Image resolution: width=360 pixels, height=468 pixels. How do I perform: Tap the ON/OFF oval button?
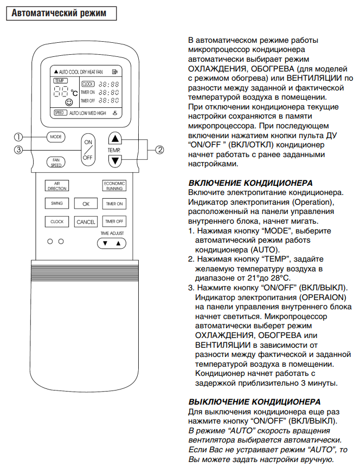pos(88,150)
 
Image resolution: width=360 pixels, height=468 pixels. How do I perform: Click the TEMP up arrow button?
pos(115,139)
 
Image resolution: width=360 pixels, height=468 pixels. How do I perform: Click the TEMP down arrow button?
pos(115,161)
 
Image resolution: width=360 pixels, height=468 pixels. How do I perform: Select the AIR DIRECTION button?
pos(57,186)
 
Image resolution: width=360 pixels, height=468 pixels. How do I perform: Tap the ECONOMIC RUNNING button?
pos(114,186)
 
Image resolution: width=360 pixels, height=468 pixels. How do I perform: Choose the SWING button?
pos(57,203)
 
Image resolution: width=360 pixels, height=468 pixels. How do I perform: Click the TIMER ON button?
pos(114,204)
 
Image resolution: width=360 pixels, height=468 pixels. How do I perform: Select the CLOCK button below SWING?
pos(57,222)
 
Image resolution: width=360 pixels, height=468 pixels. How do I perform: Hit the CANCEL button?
pos(86,222)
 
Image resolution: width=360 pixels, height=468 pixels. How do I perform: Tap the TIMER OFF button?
pos(114,222)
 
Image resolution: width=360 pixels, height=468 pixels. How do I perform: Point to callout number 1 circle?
pos(18,137)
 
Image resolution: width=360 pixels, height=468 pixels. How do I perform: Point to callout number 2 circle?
pos(160,150)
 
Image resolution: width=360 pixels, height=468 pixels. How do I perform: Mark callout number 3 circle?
pos(18,150)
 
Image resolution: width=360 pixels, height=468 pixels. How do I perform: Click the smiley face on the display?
pos(69,102)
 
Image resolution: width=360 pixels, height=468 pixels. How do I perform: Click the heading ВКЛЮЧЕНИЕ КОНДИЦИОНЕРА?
pos(250,183)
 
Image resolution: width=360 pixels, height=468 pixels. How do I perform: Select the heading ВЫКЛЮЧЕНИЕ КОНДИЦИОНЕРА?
pos(254,402)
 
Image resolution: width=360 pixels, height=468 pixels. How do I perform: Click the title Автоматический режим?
pos(59,13)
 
